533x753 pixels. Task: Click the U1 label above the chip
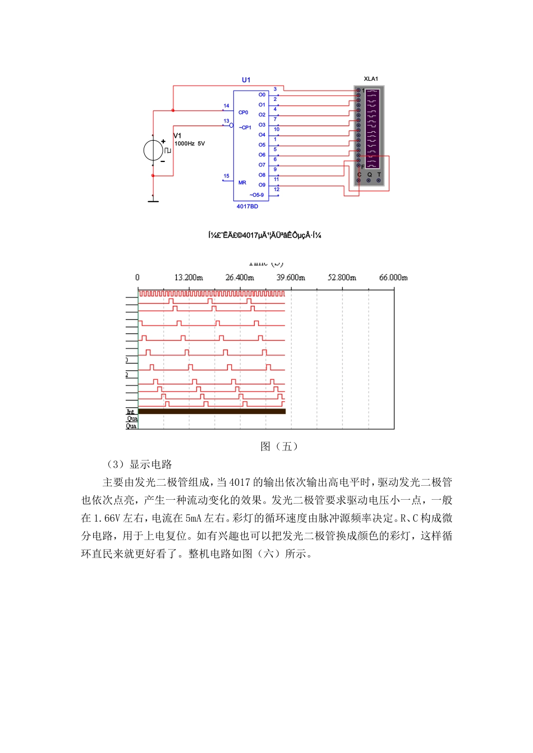point(246,80)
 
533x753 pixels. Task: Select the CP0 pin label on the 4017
point(243,113)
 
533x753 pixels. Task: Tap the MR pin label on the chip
point(242,183)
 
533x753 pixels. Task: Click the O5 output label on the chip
point(262,145)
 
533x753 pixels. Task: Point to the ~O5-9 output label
point(256,195)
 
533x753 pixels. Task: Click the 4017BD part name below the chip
point(247,207)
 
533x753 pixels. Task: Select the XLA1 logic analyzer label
point(371,79)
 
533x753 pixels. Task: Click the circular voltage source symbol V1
point(153,150)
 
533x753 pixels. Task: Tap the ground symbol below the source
point(153,200)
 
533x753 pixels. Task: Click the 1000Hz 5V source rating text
point(190,144)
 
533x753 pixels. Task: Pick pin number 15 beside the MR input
point(226,176)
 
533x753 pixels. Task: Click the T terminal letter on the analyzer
point(379,175)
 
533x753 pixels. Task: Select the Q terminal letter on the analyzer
point(369,175)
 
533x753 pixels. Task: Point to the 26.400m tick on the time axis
point(240,277)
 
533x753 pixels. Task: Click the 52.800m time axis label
point(342,277)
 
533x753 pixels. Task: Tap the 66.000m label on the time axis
point(393,277)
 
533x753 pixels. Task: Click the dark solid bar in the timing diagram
point(212,411)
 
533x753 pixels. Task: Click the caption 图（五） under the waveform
point(279,447)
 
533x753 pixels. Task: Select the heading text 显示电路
point(150,464)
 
